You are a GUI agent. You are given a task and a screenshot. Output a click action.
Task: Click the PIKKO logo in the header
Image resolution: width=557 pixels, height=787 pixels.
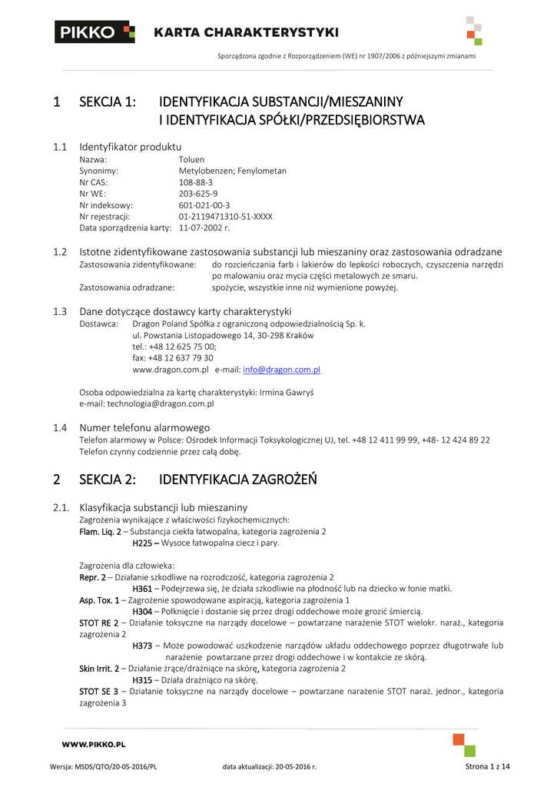[x=94, y=32]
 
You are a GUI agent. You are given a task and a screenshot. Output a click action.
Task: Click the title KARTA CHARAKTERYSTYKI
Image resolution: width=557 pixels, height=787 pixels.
[x=246, y=32]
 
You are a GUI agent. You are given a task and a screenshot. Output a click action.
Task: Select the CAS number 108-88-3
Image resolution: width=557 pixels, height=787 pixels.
[x=196, y=183]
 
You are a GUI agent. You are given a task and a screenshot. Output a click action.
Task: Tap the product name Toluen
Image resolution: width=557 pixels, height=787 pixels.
[x=191, y=160]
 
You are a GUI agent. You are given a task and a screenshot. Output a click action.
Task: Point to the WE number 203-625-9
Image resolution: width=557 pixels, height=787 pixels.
[x=198, y=194]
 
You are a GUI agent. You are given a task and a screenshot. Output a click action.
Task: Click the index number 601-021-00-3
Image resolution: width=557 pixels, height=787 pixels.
[x=204, y=205]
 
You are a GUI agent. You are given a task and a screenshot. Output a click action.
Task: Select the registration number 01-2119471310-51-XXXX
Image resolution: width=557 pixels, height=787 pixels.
[x=225, y=217]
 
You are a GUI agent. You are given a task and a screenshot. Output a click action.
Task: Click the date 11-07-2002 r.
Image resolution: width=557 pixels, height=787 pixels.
[x=204, y=228]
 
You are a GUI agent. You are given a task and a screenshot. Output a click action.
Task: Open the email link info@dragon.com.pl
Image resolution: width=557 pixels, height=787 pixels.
[x=281, y=370]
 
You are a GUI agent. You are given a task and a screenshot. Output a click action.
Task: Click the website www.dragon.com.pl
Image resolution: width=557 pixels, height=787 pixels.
[x=171, y=370]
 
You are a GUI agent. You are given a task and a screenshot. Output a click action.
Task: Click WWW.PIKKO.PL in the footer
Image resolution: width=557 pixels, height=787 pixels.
[x=94, y=745]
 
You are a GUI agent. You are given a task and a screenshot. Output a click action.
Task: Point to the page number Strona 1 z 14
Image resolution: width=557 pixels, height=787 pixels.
[x=488, y=767]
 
